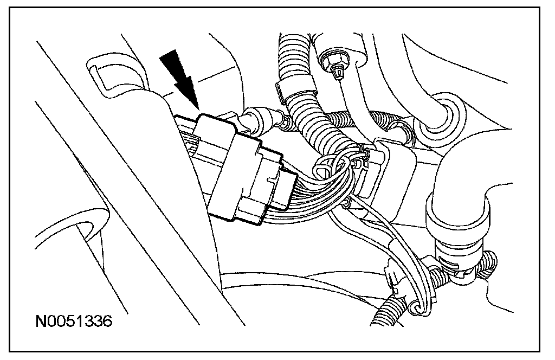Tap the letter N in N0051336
[40, 322]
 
